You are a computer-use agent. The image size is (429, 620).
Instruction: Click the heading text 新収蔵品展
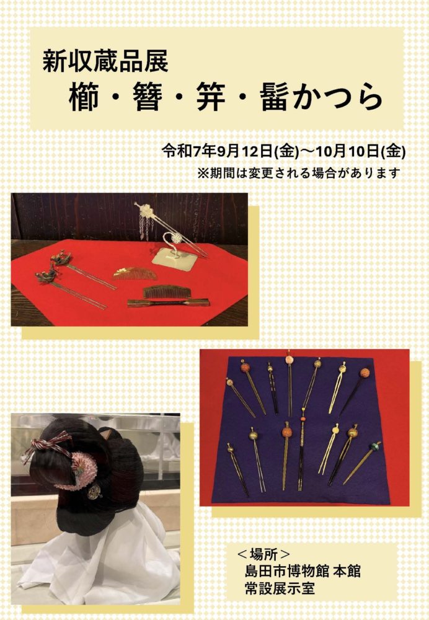[105, 61]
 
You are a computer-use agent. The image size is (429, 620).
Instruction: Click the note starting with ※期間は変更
[299, 173]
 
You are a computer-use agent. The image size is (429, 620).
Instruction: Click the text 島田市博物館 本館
[303, 571]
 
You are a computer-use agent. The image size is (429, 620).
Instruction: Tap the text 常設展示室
[280, 588]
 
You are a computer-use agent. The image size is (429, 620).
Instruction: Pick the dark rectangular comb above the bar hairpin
[167, 291]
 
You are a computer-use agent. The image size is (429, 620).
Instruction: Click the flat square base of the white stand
[174, 259]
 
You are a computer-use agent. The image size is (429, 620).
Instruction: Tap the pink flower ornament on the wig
[81, 471]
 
